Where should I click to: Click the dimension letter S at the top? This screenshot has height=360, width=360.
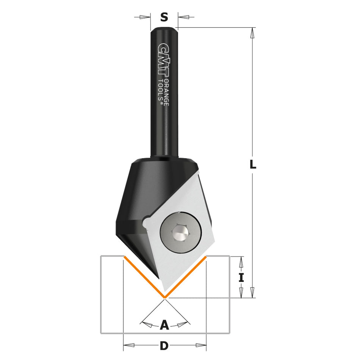coord(164,17)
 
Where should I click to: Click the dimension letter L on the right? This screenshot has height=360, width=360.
coord(253,164)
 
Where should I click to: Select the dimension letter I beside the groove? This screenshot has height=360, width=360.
coord(241,277)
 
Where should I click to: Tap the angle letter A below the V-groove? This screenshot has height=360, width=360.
coord(164,325)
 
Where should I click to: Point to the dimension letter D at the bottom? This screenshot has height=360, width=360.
coord(164,346)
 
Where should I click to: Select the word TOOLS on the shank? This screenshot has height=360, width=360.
coord(160,90)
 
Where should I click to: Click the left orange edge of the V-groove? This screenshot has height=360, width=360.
coord(144,277)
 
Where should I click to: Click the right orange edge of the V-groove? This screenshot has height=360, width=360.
coord(185,277)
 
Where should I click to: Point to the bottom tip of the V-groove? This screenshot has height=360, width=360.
coord(164,297)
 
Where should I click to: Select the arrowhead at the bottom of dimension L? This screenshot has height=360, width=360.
coord(252,292)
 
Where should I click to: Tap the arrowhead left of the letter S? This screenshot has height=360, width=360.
coord(145,17)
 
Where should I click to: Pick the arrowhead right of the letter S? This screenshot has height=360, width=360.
coord(183,17)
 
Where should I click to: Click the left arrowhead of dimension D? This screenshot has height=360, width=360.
coord(129,345)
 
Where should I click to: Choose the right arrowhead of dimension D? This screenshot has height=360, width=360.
coord(201,345)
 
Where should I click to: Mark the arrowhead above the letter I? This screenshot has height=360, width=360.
coord(241,261)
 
